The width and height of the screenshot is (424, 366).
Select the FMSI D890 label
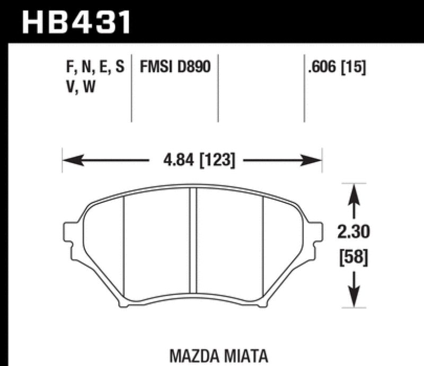pyautogui.click(x=175, y=68)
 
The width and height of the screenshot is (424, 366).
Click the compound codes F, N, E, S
pyautogui.click(x=93, y=68)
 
